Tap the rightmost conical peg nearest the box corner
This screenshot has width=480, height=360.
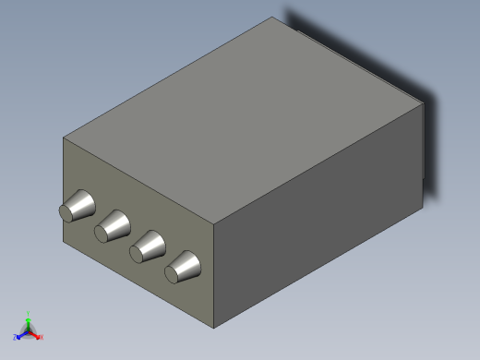[185, 267]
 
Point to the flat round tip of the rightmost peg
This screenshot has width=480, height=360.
[173, 272]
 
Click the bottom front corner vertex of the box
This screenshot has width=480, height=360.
[214, 328]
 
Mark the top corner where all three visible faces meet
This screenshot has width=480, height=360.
[214, 223]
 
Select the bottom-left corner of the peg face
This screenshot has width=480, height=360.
[64, 244]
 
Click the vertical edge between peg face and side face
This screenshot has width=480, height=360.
[214, 277]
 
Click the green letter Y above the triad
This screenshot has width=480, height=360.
[29, 313]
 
